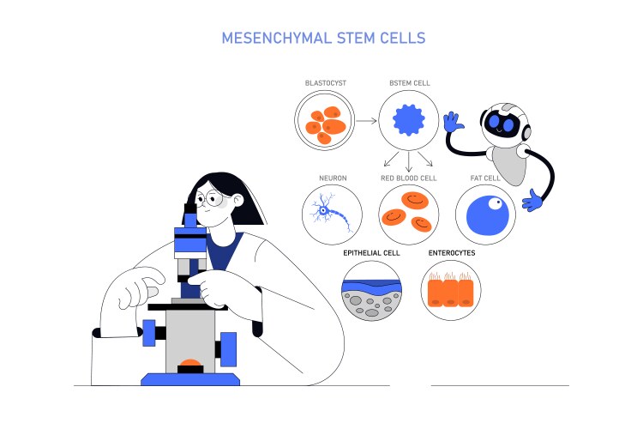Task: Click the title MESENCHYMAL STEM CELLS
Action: (x=323, y=39)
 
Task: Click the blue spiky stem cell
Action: (x=409, y=121)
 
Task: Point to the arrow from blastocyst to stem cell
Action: (x=366, y=121)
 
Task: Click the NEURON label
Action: (x=333, y=178)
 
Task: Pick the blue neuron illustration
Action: (x=327, y=211)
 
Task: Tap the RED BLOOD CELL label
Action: (x=409, y=178)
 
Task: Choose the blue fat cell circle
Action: (x=485, y=213)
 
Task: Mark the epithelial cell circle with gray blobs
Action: (x=371, y=291)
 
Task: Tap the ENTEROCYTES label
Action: (x=452, y=254)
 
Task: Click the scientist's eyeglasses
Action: (x=213, y=201)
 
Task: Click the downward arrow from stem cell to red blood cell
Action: (x=409, y=160)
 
